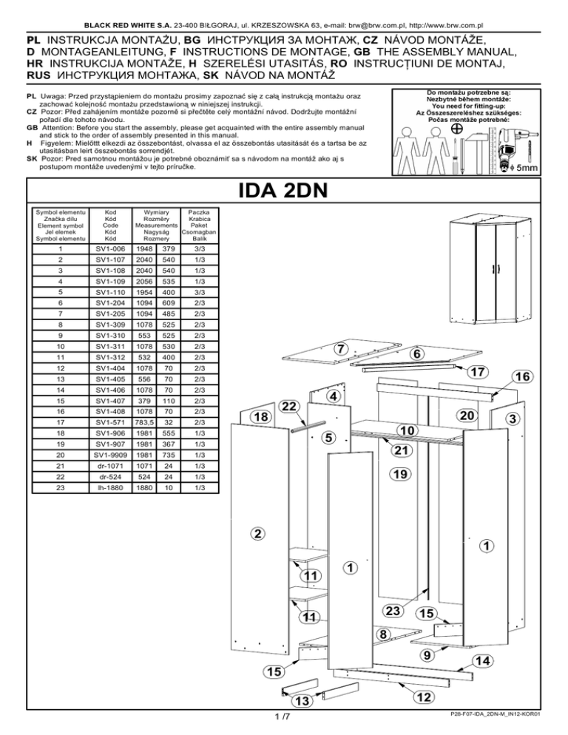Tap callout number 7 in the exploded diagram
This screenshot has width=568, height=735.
(339, 348)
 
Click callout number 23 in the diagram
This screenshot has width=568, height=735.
(393, 610)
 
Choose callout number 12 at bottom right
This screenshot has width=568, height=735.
(424, 697)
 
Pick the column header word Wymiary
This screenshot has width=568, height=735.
(156, 211)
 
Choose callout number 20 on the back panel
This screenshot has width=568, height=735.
(465, 417)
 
